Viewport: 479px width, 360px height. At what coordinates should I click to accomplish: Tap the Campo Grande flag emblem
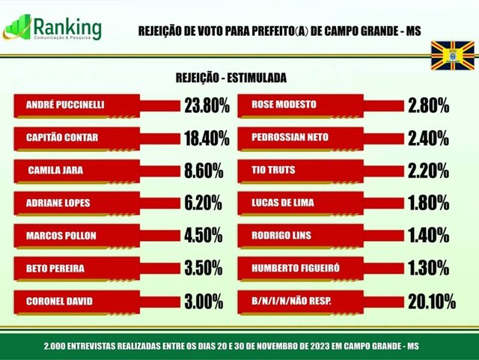(x=451, y=55)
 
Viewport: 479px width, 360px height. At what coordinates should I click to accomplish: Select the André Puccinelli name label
(x=64, y=106)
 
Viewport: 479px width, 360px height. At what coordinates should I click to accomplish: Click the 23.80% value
(x=207, y=106)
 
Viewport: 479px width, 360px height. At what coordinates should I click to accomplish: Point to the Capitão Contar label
(x=62, y=138)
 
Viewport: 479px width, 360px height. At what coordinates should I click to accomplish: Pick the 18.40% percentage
(x=207, y=138)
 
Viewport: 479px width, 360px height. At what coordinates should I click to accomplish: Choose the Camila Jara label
(x=55, y=171)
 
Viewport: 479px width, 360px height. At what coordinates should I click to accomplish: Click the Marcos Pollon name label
(x=61, y=236)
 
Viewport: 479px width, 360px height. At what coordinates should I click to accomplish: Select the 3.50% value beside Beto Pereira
(x=204, y=268)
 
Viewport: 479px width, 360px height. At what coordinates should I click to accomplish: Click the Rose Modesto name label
(x=284, y=105)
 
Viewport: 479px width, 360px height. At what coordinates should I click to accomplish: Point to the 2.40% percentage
(x=428, y=138)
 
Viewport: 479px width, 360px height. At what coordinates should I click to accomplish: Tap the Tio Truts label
(x=273, y=170)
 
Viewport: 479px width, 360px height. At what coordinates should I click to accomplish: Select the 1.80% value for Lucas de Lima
(x=428, y=203)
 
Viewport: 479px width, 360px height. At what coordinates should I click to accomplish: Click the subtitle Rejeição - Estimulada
(x=231, y=78)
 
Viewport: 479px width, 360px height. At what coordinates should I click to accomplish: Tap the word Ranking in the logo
(x=67, y=25)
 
